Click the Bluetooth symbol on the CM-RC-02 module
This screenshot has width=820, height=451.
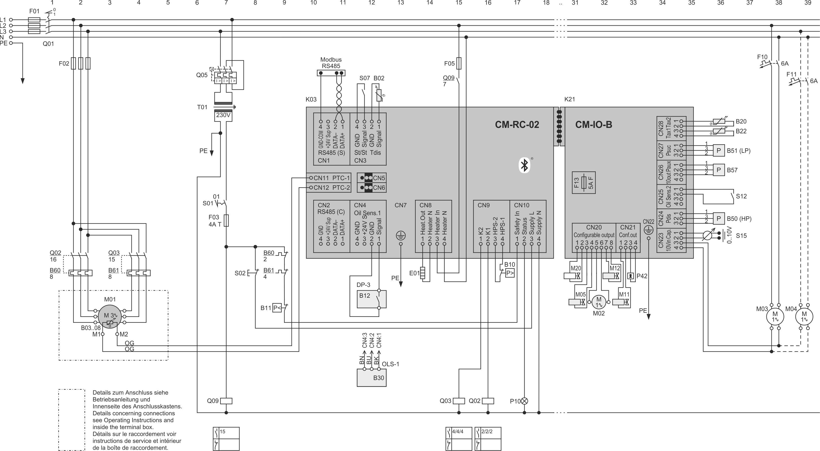click(x=524, y=165)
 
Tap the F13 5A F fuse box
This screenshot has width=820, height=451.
click(x=584, y=183)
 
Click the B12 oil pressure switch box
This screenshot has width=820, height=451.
click(x=372, y=299)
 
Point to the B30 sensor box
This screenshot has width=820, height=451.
click(x=372, y=378)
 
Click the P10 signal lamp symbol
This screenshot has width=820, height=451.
click(x=524, y=401)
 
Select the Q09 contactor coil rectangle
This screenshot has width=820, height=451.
click(x=226, y=401)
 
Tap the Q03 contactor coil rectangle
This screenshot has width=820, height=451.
click(x=459, y=401)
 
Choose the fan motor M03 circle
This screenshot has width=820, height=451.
click(x=775, y=317)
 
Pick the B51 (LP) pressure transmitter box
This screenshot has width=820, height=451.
click(x=719, y=150)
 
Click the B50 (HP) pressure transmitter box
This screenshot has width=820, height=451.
click(x=719, y=219)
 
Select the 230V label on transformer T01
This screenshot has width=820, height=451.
click(x=223, y=115)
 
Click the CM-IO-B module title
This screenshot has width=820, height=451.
click(x=593, y=124)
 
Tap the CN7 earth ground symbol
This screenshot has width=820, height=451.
click(x=401, y=236)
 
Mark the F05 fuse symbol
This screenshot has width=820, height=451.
click(x=459, y=63)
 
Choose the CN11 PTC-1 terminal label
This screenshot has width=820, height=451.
click(x=331, y=178)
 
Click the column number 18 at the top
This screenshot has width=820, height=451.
click(x=546, y=3)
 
